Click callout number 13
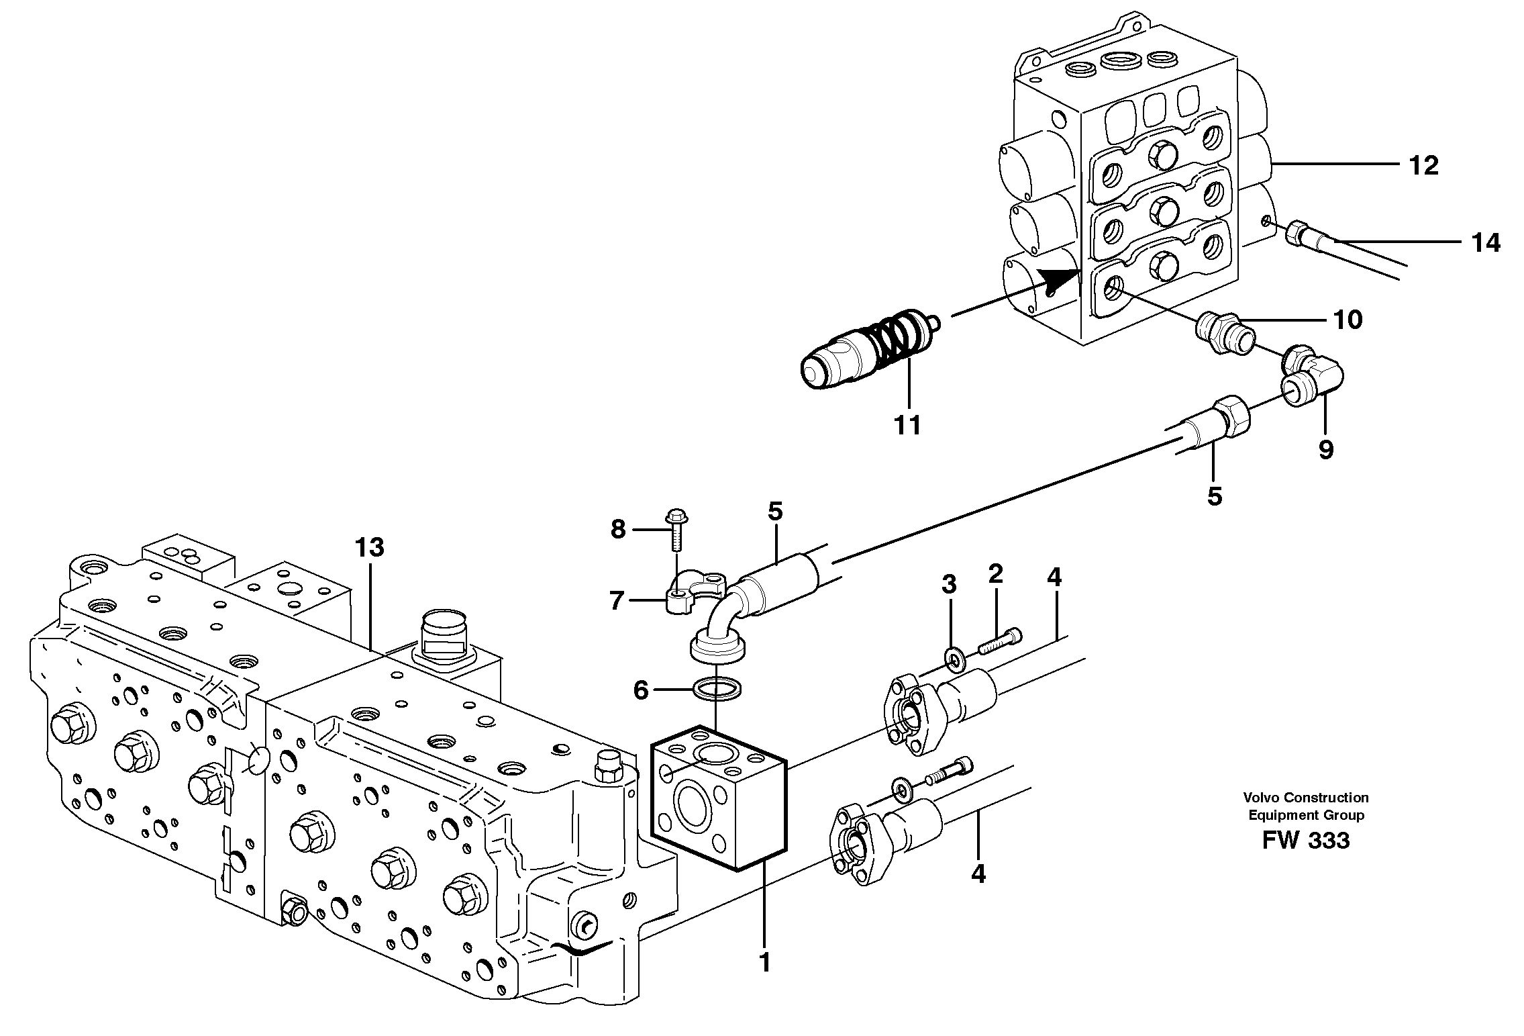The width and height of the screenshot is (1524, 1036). point(370,548)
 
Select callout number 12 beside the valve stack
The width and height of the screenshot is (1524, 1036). point(1423,165)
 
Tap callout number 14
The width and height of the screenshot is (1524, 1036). point(1485,242)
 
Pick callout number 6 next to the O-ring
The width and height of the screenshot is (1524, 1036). point(641,690)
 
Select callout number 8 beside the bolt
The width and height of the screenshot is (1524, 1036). point(618,530)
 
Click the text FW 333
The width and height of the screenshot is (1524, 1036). point(1305,840)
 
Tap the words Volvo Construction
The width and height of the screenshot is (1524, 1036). point(1305,798)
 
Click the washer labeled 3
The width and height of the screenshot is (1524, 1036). point(952,660)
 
